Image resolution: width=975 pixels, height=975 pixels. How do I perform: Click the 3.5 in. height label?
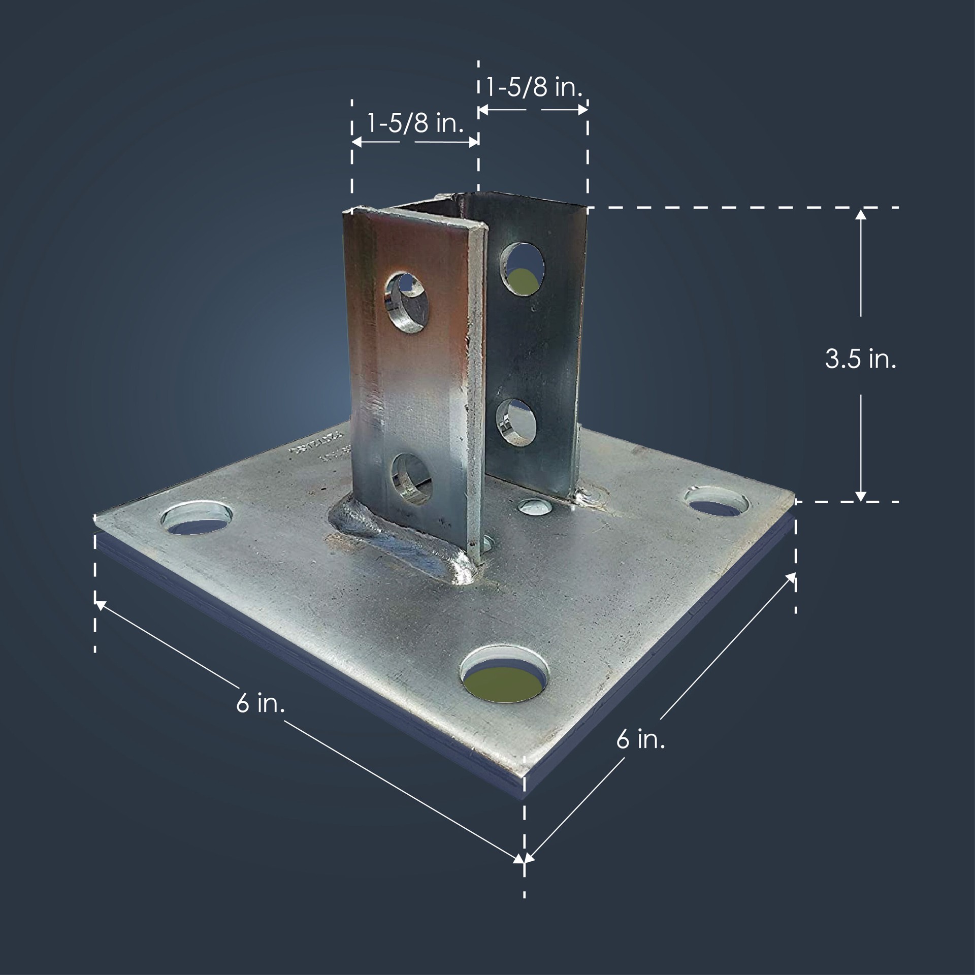[860, 360]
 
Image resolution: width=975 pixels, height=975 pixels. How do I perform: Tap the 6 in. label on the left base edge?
[260, 705]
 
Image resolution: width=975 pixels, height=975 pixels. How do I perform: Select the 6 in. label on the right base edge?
[640, 740]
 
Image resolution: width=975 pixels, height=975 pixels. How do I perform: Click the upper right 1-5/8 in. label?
[534, 87]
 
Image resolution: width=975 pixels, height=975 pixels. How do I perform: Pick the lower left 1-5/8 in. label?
[415, 123]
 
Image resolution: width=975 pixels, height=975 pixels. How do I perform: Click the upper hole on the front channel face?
[409, 302]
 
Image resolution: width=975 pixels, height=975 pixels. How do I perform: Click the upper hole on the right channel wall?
[523, 269]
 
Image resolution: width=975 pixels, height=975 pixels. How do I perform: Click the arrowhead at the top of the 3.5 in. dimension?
[860, 213]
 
